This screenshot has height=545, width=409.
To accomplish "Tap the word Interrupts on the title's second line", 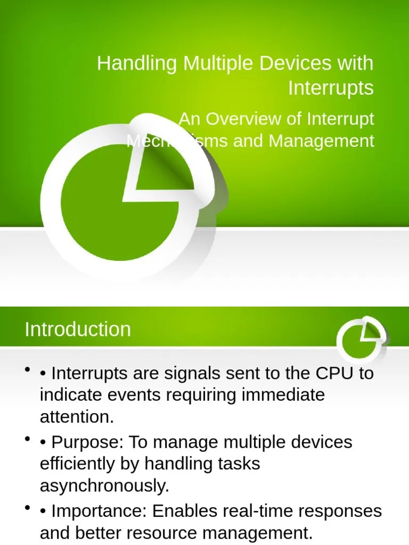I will [331, 88].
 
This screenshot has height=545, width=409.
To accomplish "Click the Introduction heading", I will [78, 329].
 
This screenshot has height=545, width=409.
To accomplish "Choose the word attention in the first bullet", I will [77, 417].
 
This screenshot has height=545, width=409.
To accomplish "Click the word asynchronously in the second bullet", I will [104, 486].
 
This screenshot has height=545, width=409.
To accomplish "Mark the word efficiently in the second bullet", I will [75, 464].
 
